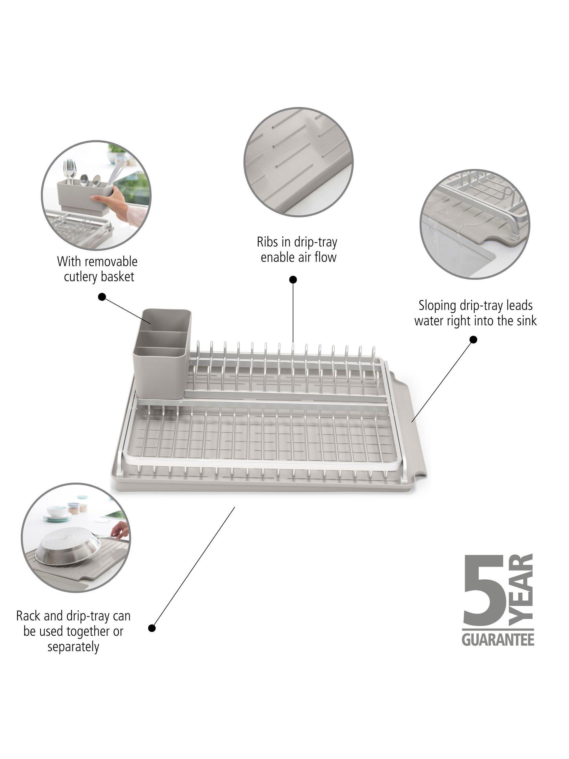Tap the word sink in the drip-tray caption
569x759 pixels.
click(527, 321)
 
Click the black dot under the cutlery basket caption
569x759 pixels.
click(102, 296)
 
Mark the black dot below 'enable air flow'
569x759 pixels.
click(293, 280)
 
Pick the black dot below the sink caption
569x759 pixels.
click(473, 340)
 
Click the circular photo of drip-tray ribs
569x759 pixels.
click(298, 162)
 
